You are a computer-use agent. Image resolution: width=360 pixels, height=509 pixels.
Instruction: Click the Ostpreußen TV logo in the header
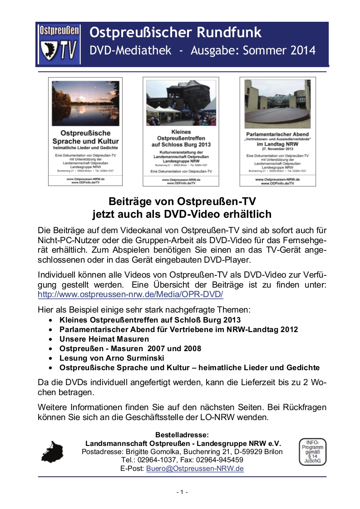click(x=59, y=44)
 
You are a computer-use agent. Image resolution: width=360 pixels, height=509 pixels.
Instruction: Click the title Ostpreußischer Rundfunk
click(x=176, y=33)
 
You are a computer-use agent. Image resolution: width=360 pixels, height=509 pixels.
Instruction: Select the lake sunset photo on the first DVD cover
click(x=85, y=103)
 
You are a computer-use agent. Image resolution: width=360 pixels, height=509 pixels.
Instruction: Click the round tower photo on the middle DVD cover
click(x=181, y=103)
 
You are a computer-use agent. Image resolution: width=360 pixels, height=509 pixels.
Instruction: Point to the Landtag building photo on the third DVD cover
click(x=277, y=104)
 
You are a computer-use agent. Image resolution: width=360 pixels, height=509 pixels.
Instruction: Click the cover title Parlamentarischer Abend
click(x=277, y=134)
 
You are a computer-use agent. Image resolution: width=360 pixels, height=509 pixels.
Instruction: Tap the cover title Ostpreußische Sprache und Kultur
click(x=85, y=137)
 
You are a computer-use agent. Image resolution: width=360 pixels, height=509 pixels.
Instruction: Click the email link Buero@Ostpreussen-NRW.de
click(x=195, y=469)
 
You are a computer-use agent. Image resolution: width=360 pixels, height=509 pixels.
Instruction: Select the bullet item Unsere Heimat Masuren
click(x=104, y=339)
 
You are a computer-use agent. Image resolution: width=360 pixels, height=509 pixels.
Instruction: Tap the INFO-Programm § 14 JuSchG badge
click(x=312, y=452)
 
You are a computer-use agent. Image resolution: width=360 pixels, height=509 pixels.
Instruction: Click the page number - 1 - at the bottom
click(x=182, y=492)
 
